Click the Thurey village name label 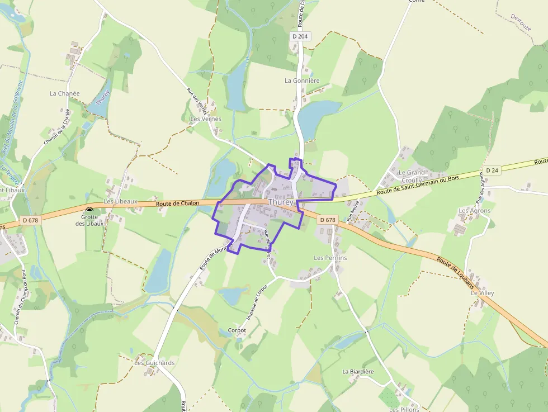[x=281, y=202]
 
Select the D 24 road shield [x=492, y=170]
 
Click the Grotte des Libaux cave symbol [x=89, y=211]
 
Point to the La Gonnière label [x=302, y=80]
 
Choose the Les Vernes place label [x=206, y=119]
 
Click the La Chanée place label [x=65, y=93]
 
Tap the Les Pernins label [x=330, y=258]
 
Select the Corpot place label [x=237, y=330]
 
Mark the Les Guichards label [x=154, y=363]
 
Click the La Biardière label [x=358, y=371]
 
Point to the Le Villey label [x=483, y=293]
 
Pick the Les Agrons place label [x=474, y=211]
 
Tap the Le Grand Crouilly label [x=412, y=177]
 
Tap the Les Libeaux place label [x=121, y=201]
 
